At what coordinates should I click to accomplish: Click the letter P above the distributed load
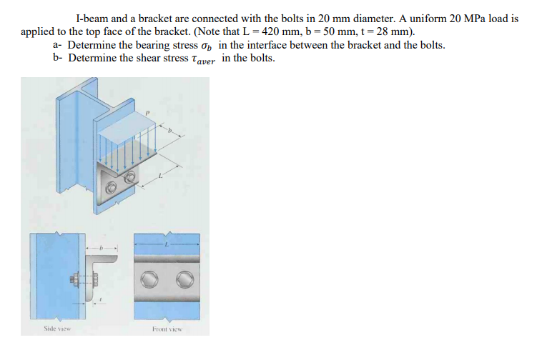point(149,112)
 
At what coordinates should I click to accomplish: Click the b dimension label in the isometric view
point(170,131)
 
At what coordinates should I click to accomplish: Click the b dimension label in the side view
point(101,249)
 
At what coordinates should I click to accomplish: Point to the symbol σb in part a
point(211,46)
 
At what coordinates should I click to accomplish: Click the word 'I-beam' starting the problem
point(92,19)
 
